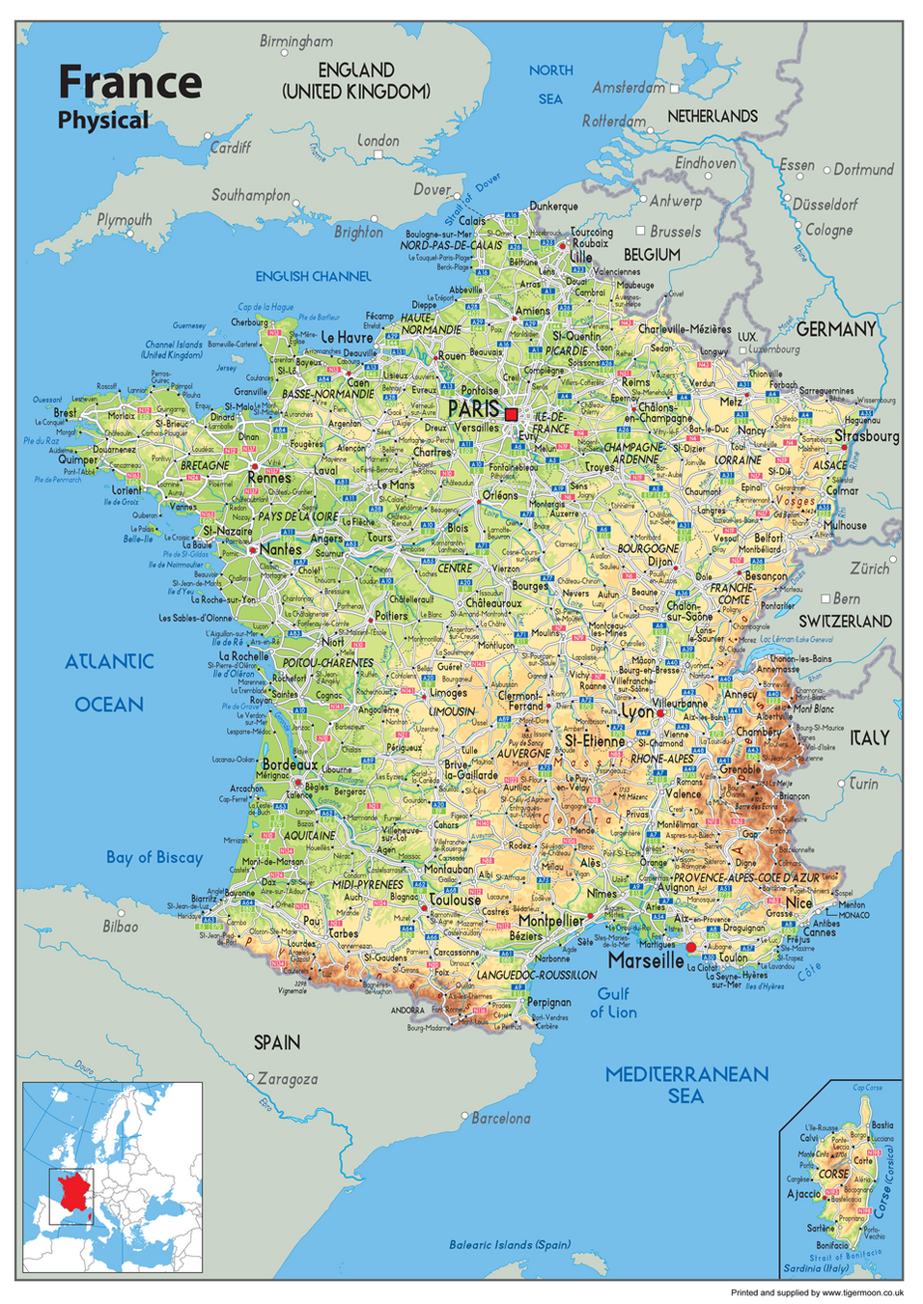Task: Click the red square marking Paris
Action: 512,414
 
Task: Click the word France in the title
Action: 129,82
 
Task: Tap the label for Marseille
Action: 646,960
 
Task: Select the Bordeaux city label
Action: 290,764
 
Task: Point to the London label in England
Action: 378,140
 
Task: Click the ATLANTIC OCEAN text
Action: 109,682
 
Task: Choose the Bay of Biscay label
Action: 154,857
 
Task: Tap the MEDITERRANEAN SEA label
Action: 686,1085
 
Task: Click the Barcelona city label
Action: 500,1118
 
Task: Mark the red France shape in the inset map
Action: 73,1193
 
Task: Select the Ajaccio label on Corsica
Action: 803,1194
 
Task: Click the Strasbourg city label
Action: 867,435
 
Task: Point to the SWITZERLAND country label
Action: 845,622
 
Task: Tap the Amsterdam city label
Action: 629,88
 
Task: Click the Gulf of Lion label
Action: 613,1003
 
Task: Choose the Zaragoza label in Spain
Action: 287,1079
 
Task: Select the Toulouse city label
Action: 455,900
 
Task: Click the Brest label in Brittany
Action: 65,412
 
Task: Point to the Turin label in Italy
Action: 863,784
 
